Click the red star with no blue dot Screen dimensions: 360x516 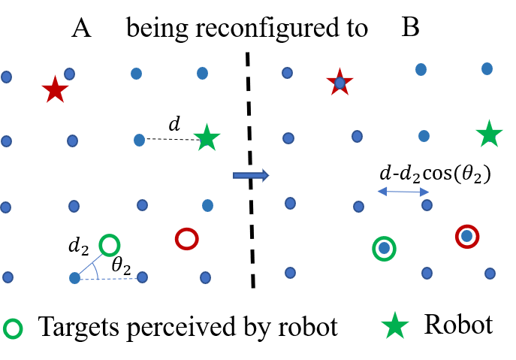coord(55,89)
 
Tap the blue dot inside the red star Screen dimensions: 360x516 coord(339,83)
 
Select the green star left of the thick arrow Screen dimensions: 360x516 coord(207,138)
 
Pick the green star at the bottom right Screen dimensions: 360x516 coord(395,325)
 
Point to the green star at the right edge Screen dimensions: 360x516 coord(489,134)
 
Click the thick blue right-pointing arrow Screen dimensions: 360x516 coord(250,175)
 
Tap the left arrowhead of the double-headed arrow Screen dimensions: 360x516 coord(382,192)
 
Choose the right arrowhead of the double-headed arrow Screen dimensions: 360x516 coord(424,192)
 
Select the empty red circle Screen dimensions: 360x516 coord(186,239)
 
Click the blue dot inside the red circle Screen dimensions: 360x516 coord(467,236)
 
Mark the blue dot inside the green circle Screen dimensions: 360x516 coord(384,248)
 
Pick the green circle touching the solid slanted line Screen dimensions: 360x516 coord(110,245)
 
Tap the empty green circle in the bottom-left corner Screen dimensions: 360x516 coord(13,328)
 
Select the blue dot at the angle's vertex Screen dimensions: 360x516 coord(74,278)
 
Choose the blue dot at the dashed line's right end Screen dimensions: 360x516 coord(142,277)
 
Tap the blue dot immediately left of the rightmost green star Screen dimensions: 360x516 coord(424,136)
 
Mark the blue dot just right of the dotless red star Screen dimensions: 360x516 coord(69,74)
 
